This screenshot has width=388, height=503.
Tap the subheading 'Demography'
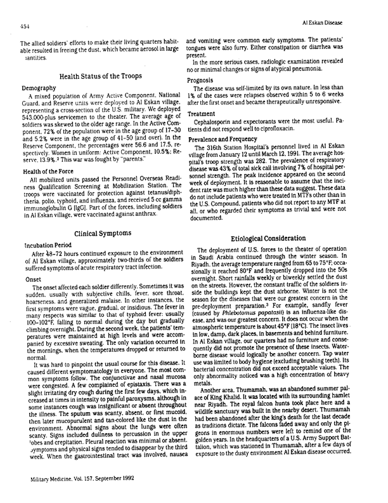tap(40, 87)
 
